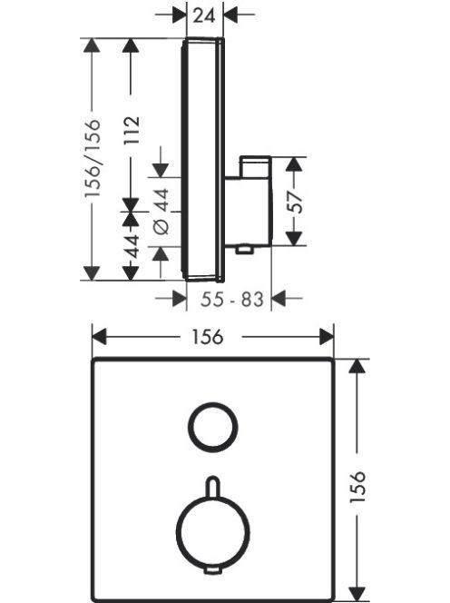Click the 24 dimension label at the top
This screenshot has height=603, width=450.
point(204,15)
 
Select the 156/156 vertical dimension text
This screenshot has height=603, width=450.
point(93,158)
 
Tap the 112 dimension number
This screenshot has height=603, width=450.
point(132,131)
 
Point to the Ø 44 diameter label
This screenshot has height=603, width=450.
point(161,211)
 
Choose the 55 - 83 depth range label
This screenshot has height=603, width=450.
point(232,299)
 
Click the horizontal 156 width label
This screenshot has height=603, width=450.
point(208,337)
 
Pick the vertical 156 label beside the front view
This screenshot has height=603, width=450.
point(357,487)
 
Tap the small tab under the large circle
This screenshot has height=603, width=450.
point(212,571)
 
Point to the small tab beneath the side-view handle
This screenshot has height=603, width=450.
point(244,251)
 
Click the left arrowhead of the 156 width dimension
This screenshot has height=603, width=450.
point(99,337)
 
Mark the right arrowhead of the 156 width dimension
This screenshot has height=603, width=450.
point(327,337)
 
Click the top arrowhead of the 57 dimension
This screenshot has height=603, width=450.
point(294,164)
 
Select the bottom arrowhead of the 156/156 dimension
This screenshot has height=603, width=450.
point(92,273)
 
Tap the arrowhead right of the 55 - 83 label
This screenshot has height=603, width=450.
point(279,298)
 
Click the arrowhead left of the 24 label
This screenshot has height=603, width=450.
point(179,15)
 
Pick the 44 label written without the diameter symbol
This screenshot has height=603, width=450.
point(132,246)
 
